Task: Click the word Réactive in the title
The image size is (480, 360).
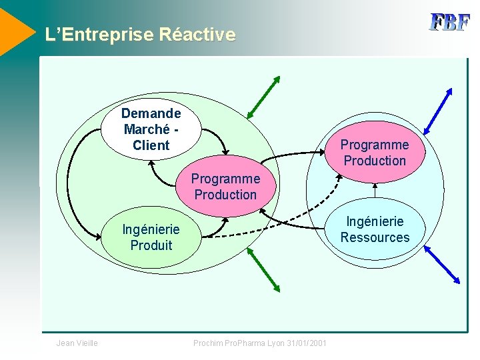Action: (197, 34)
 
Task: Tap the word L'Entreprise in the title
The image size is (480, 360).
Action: (100, 34)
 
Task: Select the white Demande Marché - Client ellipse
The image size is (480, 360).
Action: (151, 129)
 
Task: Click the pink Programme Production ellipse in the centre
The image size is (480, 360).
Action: (225, 187)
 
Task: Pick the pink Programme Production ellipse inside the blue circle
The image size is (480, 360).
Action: (375, 153)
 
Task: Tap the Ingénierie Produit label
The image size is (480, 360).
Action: (151, 237)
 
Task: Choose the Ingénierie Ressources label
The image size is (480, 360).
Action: (375, 229)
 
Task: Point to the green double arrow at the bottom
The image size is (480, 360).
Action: (263, 269)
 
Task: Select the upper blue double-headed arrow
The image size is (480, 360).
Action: (439, 110)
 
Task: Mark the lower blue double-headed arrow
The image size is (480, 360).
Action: (442, 263)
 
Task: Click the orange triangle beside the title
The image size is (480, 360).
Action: (15, 30)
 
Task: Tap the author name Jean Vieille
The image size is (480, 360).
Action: (77, 343)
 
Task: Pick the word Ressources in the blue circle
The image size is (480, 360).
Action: (375, 237)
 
